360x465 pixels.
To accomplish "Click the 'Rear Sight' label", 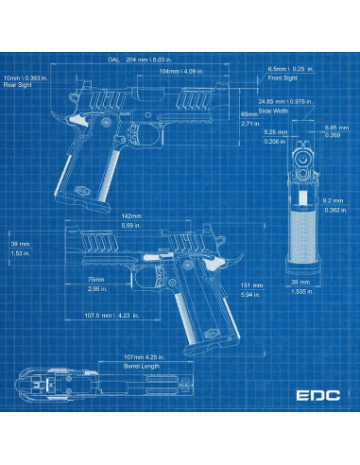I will pyautogui.click(x=18, y=85).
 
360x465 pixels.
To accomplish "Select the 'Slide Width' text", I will pyautogui.click(x=276, y=110).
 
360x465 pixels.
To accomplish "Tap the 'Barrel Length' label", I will pyautogui.click(x=142, y=365).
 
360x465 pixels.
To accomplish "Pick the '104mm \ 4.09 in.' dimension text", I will pyautogui.click(x=177, y=71).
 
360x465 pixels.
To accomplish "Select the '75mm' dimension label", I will pyautogui.click(x=95, y=280).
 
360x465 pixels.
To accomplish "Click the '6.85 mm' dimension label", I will pyautogui.click(x=332, y=127).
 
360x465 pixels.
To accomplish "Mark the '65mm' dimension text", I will pyautogui.click(x=249, y=113).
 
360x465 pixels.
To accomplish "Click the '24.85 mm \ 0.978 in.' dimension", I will pyautogui.click(x=284, y=101).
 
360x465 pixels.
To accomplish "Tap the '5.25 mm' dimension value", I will pyautogui.click(x=275, y=131).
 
